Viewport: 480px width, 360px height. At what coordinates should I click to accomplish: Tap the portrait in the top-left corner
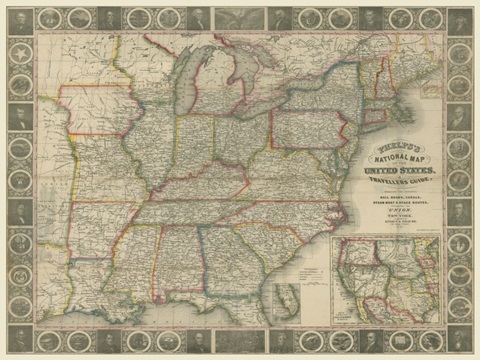coord(18,19)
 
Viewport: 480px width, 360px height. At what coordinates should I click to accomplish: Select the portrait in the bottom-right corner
coord(461,340)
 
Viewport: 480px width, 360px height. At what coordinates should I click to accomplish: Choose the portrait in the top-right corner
coord(461,19)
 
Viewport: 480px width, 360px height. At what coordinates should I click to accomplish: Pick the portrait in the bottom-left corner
coord(18,340)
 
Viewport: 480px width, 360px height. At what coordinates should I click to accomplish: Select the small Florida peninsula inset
coord(289,299)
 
